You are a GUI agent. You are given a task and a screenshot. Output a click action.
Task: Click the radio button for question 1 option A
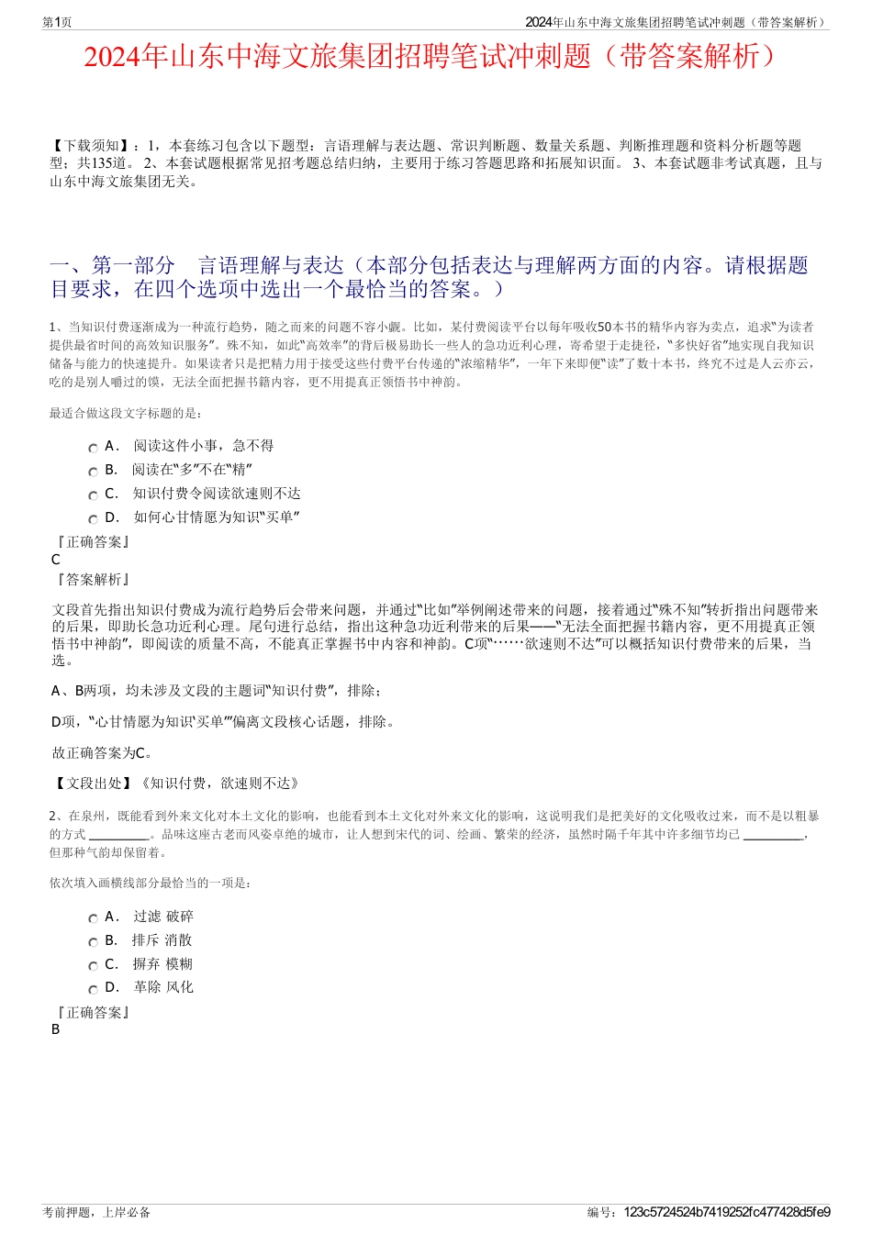pyautogui.click(x=93, y=448)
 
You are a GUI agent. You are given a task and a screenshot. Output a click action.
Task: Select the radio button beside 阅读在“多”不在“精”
pyautogui.click(x=93, y=472)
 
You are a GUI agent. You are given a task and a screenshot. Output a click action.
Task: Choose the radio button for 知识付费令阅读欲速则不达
pyautogui.click(x=93, y=495)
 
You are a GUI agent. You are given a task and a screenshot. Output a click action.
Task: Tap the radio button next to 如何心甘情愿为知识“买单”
pyautogui.click(x=93, y=519)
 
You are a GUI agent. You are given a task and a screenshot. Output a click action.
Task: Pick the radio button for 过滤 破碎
pyautogui.click(x=93, y=918)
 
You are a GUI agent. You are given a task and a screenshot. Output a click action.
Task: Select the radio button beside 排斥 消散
pyautogui.click(x=93, y=942)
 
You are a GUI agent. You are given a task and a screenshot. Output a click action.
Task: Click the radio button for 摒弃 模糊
pyautogui.click(x=93, y=966)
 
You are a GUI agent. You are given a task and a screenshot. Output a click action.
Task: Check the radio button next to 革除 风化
pyautogui.click(x=93, y=990)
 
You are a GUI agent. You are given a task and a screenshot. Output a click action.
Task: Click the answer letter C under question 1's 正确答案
pyautogui.click(x=56, y=560)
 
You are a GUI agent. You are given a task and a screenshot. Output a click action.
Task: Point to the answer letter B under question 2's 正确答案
pyautogui.click(x=56, y=1029)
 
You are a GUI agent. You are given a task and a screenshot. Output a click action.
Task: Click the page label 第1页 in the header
pyautogui.click(x=57, y=23)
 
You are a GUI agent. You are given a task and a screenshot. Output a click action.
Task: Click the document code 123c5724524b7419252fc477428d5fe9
pyautogui.click(x=727, y=1212)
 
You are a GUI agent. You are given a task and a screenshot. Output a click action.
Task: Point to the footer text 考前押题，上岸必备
pyautogui.click(x=96, y=1212)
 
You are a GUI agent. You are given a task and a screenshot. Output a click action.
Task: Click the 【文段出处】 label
pyautogui.click(x=95, y=783)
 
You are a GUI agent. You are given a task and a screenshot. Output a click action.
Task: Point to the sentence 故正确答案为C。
pyautogui.click(x=103, y=753)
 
